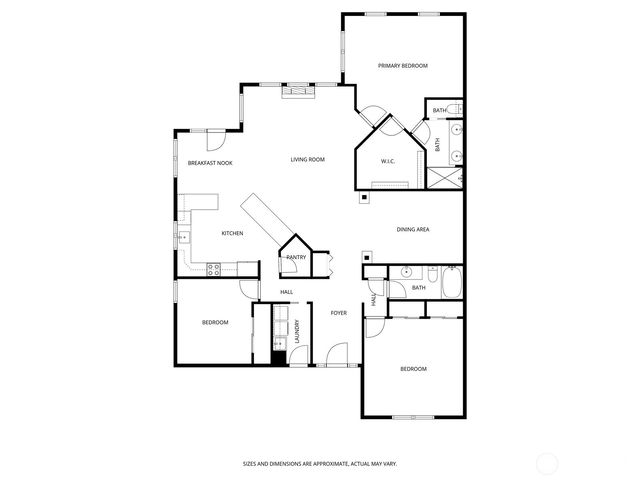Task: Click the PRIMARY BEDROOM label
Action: (x=402, y=66)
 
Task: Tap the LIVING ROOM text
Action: (x=308, y=160)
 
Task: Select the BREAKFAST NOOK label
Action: (x=210, y=162)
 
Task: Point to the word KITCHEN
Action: (x=232, y=233)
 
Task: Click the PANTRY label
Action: (x=296, y=257)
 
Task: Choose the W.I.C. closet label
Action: (x=388, y=161)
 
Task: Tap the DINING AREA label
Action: (x=413, y=230)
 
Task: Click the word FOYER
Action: (x=339, y=313)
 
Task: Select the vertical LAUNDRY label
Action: (x=297, y=330)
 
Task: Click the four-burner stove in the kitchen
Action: (x=213, y=268)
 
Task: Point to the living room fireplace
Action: (x=297, y=92)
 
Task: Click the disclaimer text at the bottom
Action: (x=319, y=463)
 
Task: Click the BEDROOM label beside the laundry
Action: (x=215, y=322)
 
